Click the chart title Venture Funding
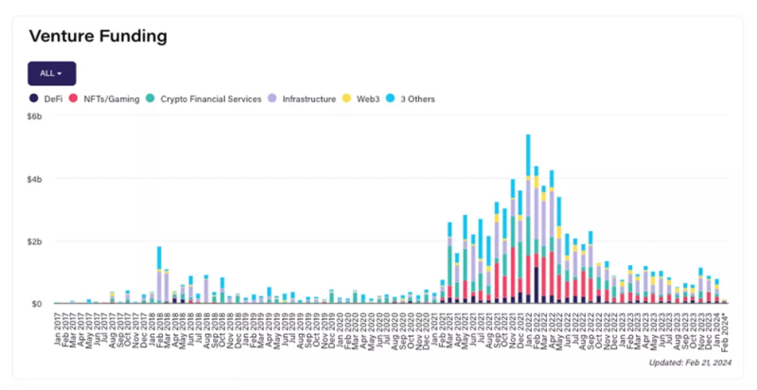point(98,37)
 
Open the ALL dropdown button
point(52,73)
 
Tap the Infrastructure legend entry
point(308,98)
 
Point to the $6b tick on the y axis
point(36,116)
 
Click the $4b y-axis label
point(36,179)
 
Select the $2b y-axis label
point(36,241)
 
